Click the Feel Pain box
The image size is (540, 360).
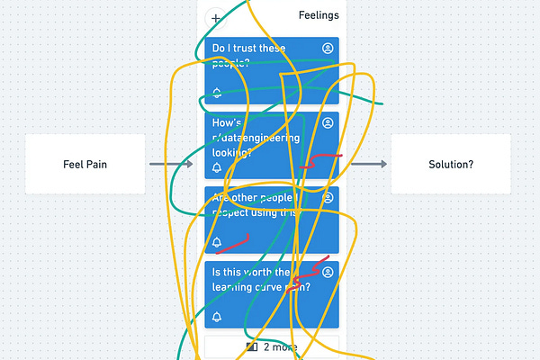(85, 164)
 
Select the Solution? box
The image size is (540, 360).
(451, 164)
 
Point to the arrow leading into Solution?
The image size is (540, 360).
(369, 164)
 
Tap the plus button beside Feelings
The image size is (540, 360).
(216, 18)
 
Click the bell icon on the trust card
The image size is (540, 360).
(217, 94)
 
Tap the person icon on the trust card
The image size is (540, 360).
(328, 47)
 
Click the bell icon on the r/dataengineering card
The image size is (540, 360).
(217, 168)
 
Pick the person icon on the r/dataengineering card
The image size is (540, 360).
(328, 122)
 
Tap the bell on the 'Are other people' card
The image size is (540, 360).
(217, 243)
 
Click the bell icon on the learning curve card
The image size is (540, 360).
(217, 317)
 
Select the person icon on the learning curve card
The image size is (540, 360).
(328, 272)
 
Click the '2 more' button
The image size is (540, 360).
(272, 346)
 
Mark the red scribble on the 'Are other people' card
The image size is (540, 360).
(233, 244)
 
